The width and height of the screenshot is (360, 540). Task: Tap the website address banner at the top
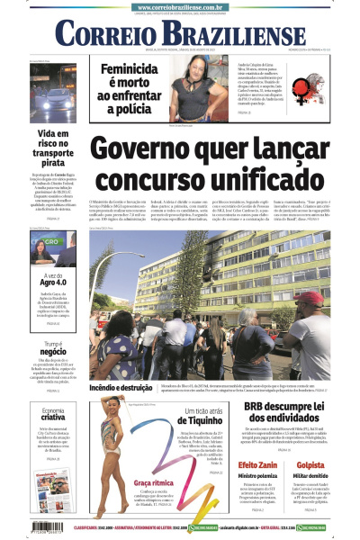(x=180, y=6)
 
